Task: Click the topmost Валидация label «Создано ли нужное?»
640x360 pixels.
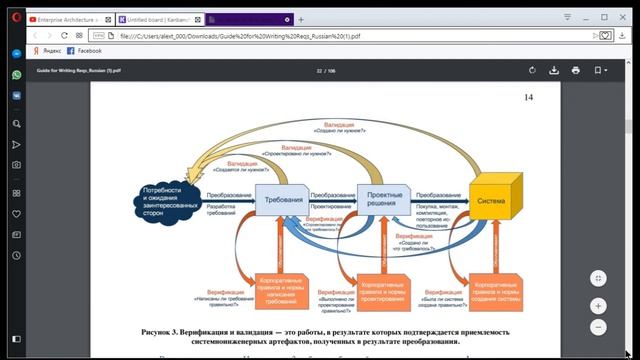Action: [x=345, y=129]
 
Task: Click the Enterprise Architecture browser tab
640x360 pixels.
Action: [x=69, y=19]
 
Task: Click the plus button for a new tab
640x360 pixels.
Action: [x=301, y=19]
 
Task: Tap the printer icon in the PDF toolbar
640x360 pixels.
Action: [x=577, y=70]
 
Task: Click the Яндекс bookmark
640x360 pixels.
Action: [x=46, y=50]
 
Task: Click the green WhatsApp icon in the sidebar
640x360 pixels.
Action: [x=17, y=74]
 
